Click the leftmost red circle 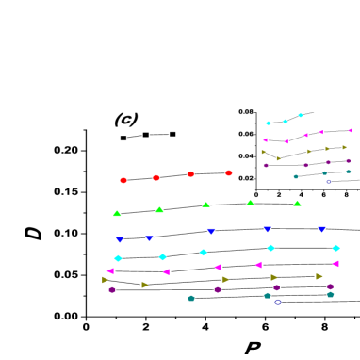point(123,180)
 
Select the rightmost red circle point(229,172)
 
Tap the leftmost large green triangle point(117,214)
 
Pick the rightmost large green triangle point(297,204)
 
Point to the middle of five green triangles point(205,205)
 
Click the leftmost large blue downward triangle point(120,239)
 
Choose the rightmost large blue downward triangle point(321,229)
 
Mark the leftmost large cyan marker point(118,258)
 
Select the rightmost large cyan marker point(335,248)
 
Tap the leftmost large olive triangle point(106,280)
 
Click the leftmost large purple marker point(112,289)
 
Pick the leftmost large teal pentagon point(191,298)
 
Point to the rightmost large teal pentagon point(330,294)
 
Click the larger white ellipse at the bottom point(278,303)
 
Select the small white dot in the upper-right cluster point(328,181)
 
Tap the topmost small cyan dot point(301,115)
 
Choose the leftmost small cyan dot point(268,123)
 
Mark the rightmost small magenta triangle point(350,130)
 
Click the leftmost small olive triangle point(264,152)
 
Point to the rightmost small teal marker point(348,172)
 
